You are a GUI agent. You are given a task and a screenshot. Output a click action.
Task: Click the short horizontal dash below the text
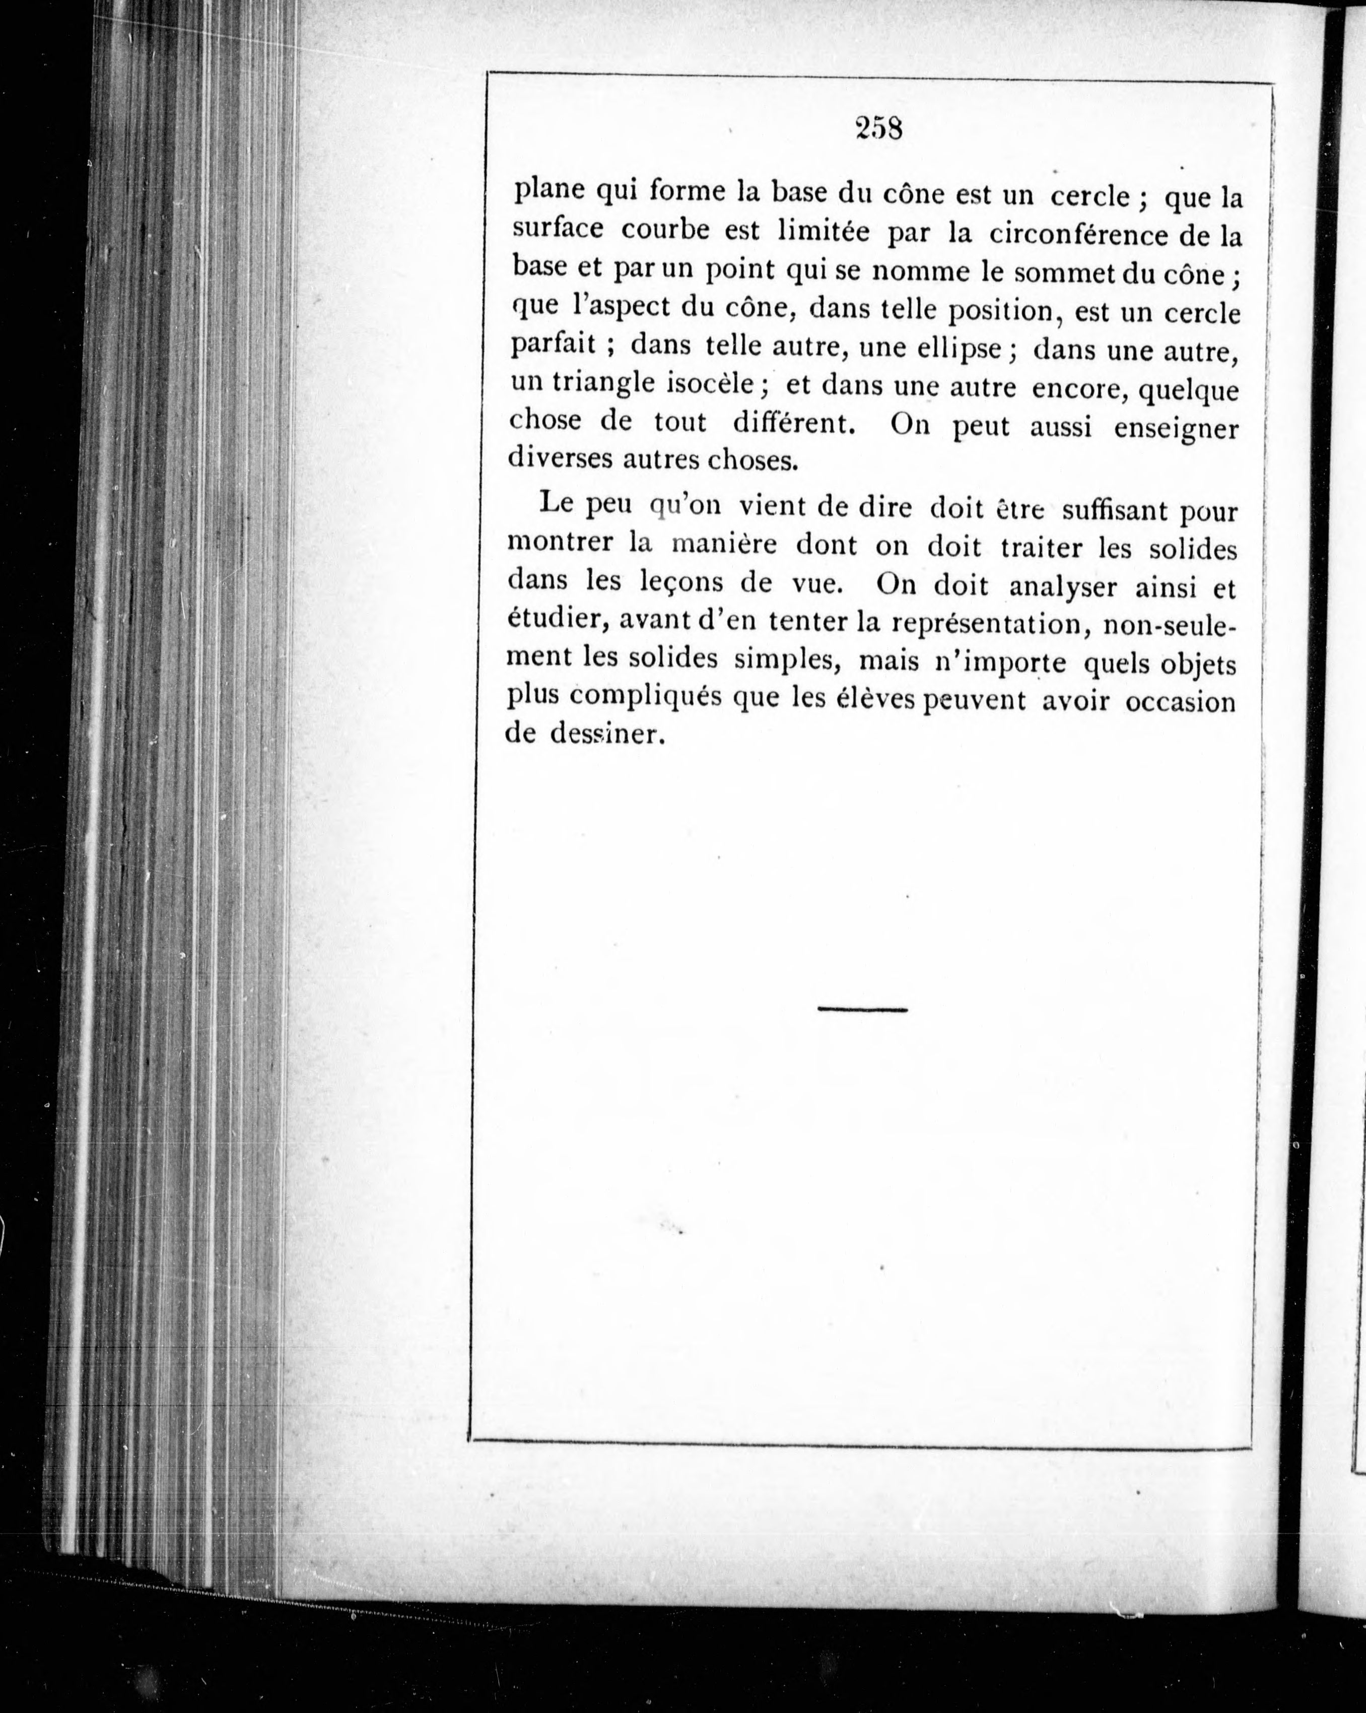point(862,1010)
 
